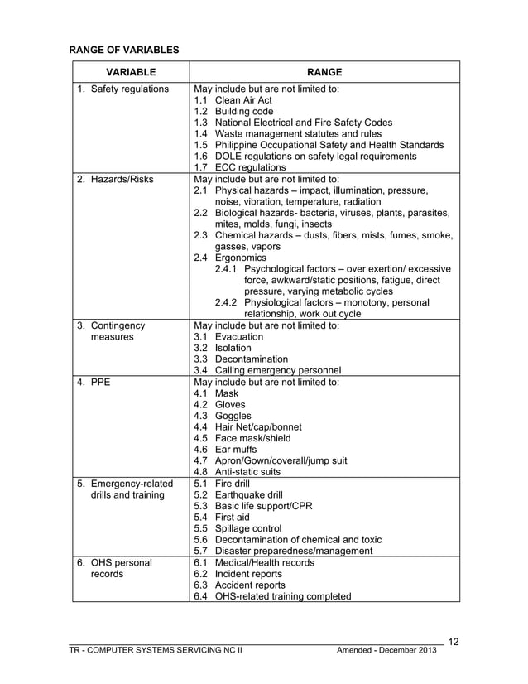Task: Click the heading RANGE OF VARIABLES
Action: click(123, 51)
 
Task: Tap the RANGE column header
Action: click(324, 72)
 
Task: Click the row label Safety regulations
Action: click(129, 89)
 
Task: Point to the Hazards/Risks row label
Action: click(122, 178)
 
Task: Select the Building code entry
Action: click(243, 112)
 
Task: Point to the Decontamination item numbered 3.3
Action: click(253, 359)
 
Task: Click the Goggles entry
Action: click(233, 416)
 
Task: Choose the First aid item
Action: click(232, 518)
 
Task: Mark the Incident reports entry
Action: click(248, 574)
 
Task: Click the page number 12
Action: click(453, 640)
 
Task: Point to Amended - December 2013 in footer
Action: click(386, 650)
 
